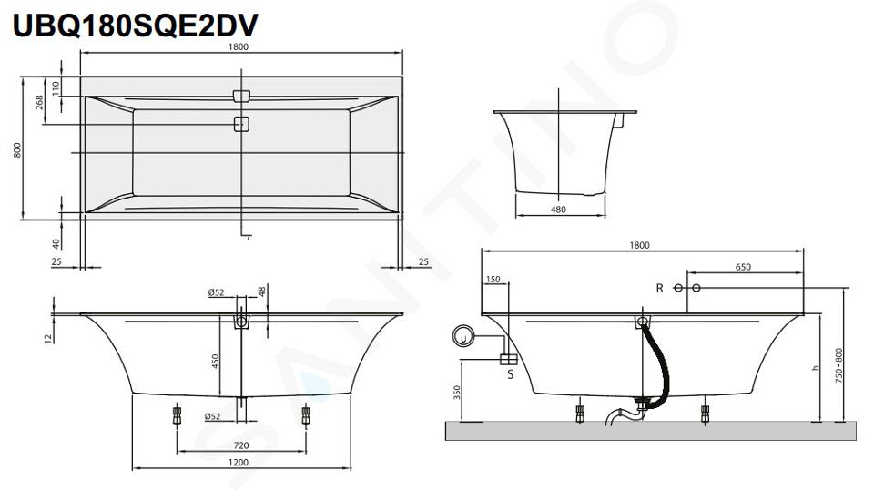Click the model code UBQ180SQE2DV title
point(136,26)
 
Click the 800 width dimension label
point(17,149)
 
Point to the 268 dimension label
point(39,102)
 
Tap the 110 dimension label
point(56,87)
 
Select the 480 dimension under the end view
point(558,210)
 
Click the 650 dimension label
point(743,267)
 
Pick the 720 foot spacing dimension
point(240,445)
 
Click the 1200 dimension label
point(239,462)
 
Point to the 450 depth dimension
point(215,362)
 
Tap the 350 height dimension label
point(457,393)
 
